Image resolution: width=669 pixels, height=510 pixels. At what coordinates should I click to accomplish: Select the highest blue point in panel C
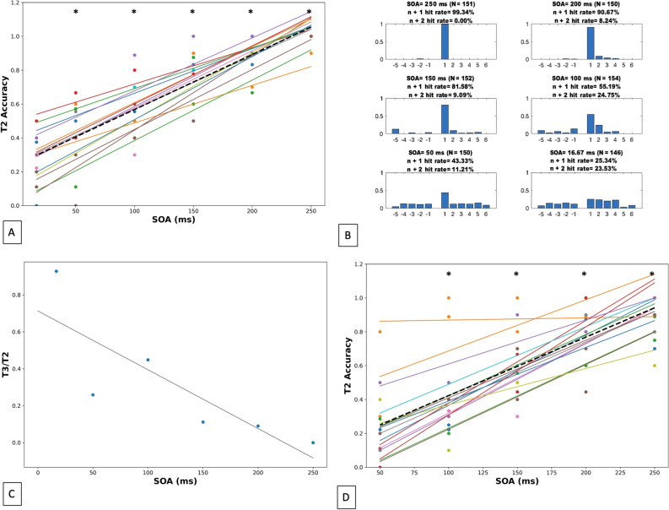57,271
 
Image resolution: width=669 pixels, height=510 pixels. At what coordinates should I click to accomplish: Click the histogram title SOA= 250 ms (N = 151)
438,4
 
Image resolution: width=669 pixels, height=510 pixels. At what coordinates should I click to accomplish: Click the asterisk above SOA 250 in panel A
309,13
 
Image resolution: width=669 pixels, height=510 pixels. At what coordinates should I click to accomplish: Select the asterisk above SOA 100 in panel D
449,274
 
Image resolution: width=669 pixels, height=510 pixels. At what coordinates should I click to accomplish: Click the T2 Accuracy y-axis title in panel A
7,104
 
